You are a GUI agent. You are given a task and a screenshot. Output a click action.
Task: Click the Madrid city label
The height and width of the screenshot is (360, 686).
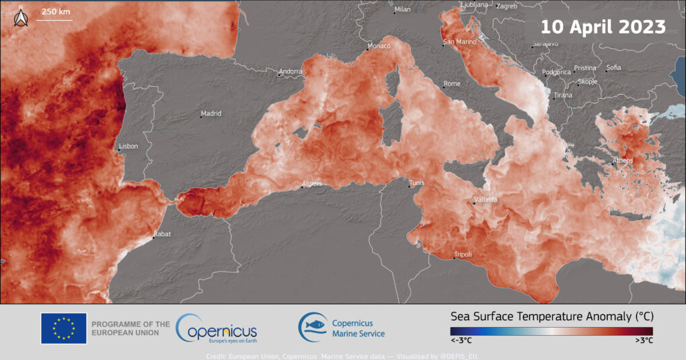[x=211, y=114]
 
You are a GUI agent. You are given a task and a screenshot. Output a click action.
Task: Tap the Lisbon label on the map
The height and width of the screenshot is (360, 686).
[x=128, y=146]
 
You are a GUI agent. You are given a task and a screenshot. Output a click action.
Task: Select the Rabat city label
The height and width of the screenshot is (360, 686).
[x=163, y=233]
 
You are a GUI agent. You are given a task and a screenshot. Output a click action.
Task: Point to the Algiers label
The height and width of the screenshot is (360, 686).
[x=313, y=183]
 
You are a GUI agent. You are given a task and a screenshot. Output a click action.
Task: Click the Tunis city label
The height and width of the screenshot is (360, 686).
[x=418, y=182]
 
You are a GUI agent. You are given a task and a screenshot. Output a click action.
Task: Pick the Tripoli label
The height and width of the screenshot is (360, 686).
[x=463, y=254]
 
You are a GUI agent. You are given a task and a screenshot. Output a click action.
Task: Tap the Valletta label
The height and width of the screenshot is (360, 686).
[x=486, y=200]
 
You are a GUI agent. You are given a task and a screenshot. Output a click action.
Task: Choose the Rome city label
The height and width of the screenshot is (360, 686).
[x=452, y=84]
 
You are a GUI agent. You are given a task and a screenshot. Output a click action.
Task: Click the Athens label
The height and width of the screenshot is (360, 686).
[x=623, y=161]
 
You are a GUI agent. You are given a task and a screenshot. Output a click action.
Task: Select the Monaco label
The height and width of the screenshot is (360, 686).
[x=378, y=46]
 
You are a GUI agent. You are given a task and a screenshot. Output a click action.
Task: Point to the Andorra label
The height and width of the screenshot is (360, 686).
[x=291, y=71]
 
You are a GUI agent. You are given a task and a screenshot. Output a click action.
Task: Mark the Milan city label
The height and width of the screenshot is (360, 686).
[x=402, y=9]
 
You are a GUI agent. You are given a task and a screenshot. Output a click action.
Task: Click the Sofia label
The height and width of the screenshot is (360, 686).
[x=613, y=67]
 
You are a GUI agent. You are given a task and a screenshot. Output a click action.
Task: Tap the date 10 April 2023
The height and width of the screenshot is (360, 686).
[x=603, y=28]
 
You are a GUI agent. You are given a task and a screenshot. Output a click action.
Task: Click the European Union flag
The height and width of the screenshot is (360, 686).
[x=63, y=328]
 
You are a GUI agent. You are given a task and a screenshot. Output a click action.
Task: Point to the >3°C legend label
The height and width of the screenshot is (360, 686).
[x=644, y=341]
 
